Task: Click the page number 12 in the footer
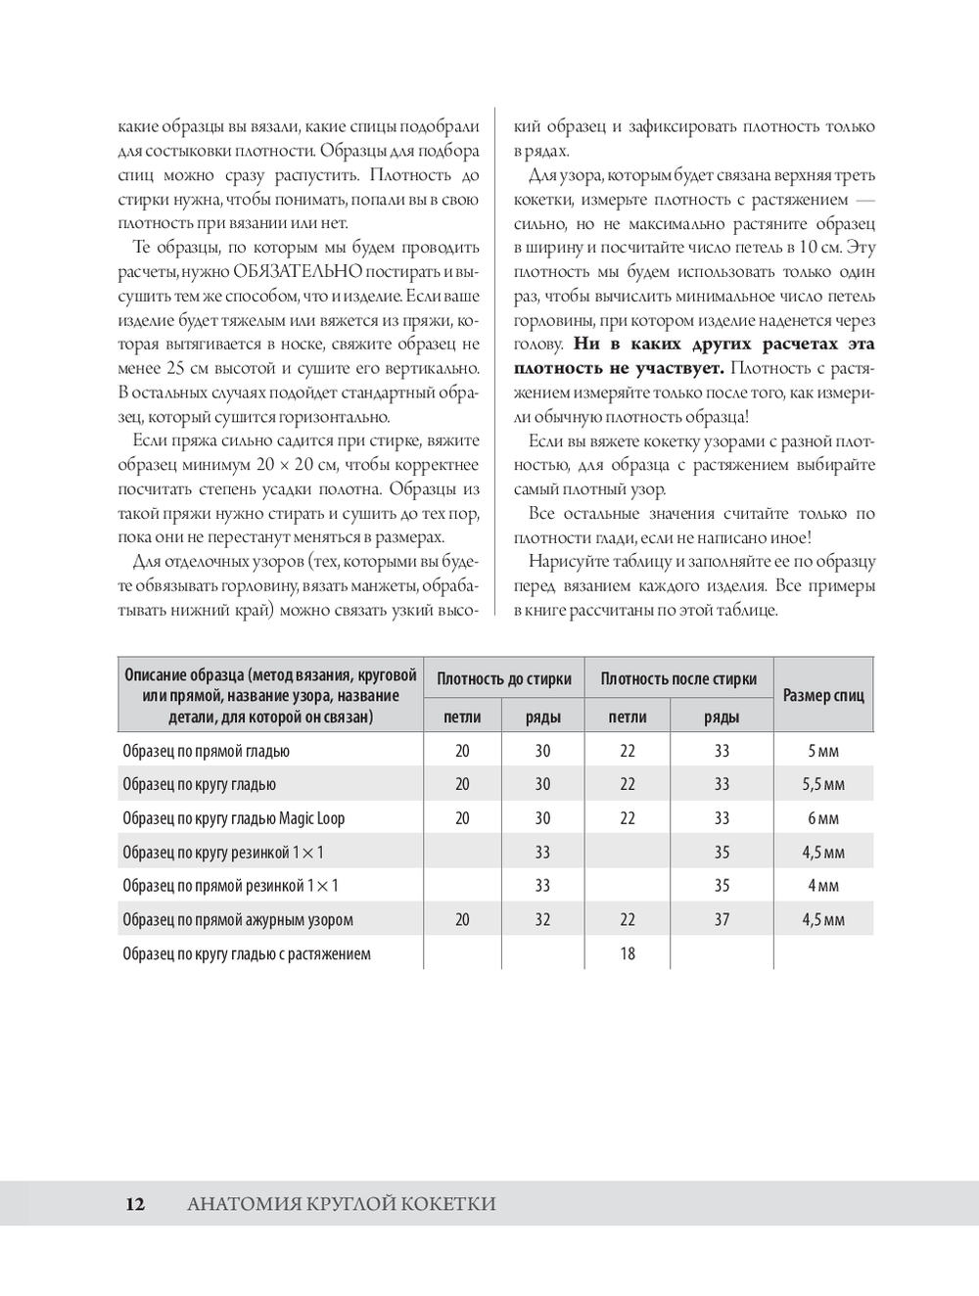pos(135,1205)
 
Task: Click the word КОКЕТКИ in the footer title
pos(447,1205)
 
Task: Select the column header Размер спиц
pos(823,696)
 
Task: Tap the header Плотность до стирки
pos(503,678)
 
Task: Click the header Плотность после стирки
pos(678,678)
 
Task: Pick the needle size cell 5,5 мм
pos(822,784)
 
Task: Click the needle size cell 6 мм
pos(822,818)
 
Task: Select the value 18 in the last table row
pos(628,953)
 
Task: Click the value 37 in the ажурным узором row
pos(722,919)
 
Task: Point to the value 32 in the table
pos(542,919)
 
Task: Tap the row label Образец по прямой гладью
pos(206,751)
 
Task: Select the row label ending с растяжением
pos(247,953)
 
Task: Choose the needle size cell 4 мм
pos(822,886)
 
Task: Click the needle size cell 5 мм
pos(822,751)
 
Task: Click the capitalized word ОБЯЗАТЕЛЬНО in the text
pos(298,271)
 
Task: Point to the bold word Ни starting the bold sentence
pos(585,345)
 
